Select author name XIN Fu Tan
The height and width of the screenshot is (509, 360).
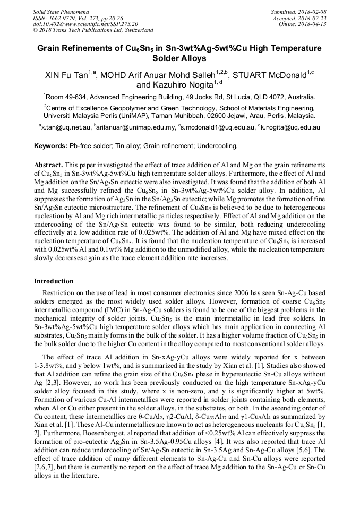[66, 75]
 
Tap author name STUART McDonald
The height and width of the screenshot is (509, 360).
[269, 75]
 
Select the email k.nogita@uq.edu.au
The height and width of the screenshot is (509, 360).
[290, 127]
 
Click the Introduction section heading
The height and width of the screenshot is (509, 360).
[55, 281]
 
